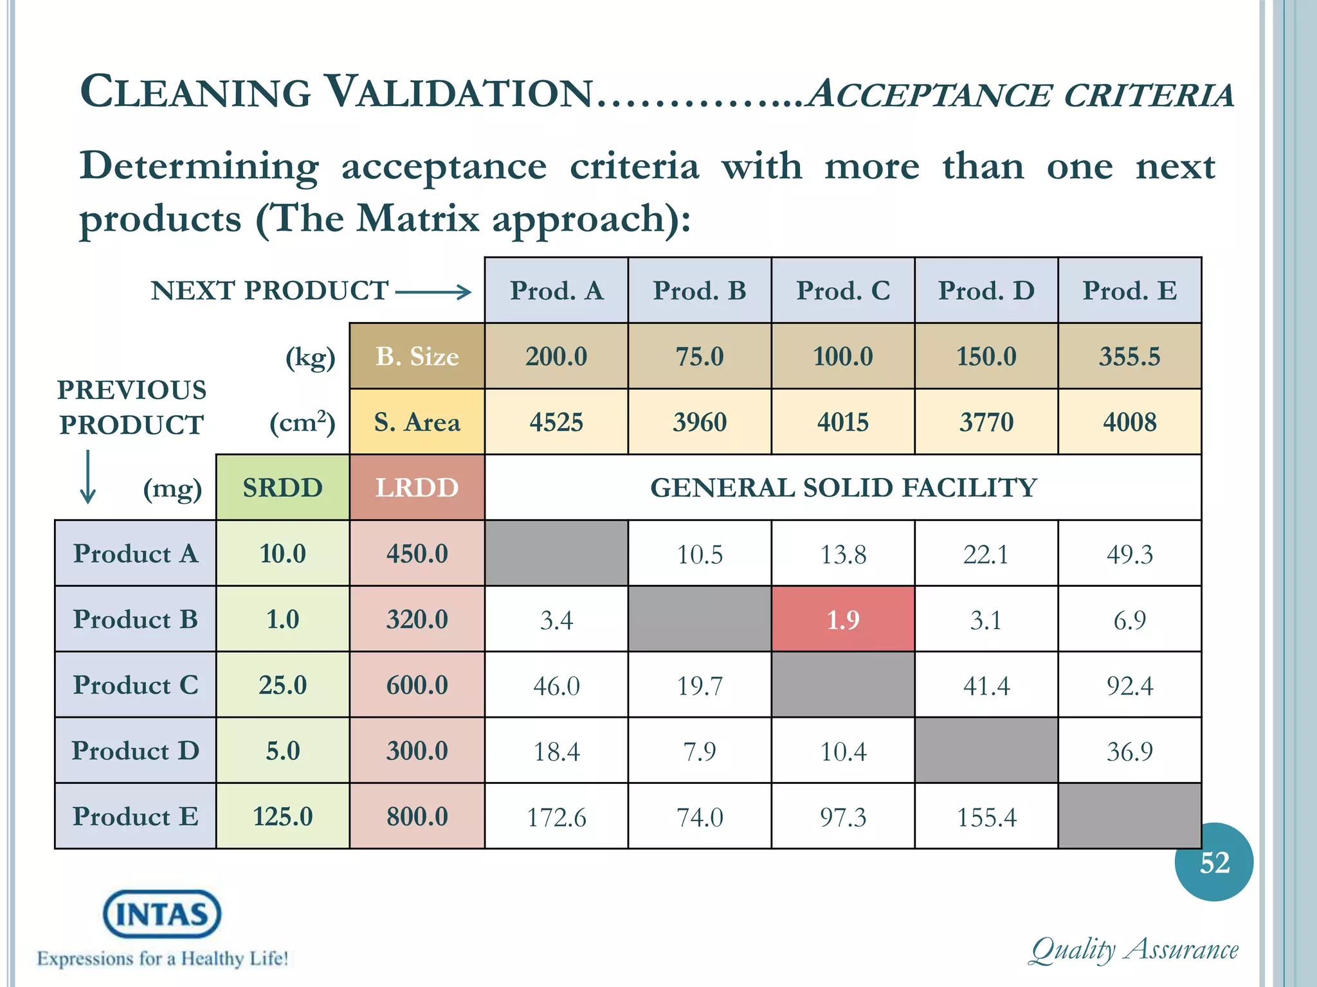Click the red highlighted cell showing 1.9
(x=842, y=619)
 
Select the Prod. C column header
(x=842, y=290)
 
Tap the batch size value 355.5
(x=1129, y=357)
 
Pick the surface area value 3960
(x=700, y=422)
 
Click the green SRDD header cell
(x=282, y=488)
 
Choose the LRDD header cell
(x=417, y=488)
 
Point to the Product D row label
(x=135, y=751)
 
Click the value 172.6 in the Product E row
(x=556, y=817)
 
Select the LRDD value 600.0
(x=417, y=685)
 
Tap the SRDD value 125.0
(x=282, y=817)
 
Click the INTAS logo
(x=162, y=914)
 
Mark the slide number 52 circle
(x=1213, y=862)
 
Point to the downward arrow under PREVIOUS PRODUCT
(x=88, y=477)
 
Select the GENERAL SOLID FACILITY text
(x=843, y=488)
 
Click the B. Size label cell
(x=417, y=357)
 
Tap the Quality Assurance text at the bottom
(x=1134, y=950)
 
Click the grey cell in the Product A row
(x=556, y=553)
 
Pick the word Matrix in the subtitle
(x=418, y=218)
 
